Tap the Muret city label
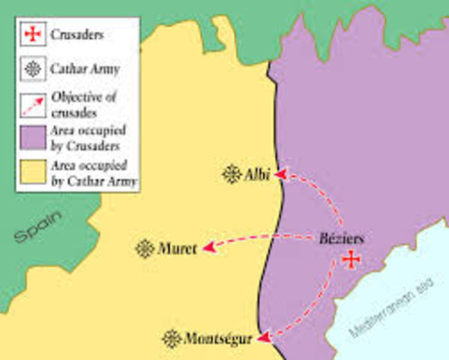click(x=178, y=249)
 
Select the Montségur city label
click(x=217, y=338)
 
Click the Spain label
click(x=39, y=227)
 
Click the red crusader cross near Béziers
click(x=349, y=260)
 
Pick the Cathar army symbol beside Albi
click(x=232, y=175)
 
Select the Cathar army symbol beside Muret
click(x=145, y=249)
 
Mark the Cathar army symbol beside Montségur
click(x=172, y=338)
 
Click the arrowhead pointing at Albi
click(x=280, y=175)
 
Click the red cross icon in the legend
click(x=32, y=34)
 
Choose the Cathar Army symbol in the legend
click(x=32, y=68)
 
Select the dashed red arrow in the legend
click(x=32, y=103)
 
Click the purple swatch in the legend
click(x=32, y=138)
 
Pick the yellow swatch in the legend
click(x=32, y=172)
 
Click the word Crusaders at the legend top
click(x=77, y=34)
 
